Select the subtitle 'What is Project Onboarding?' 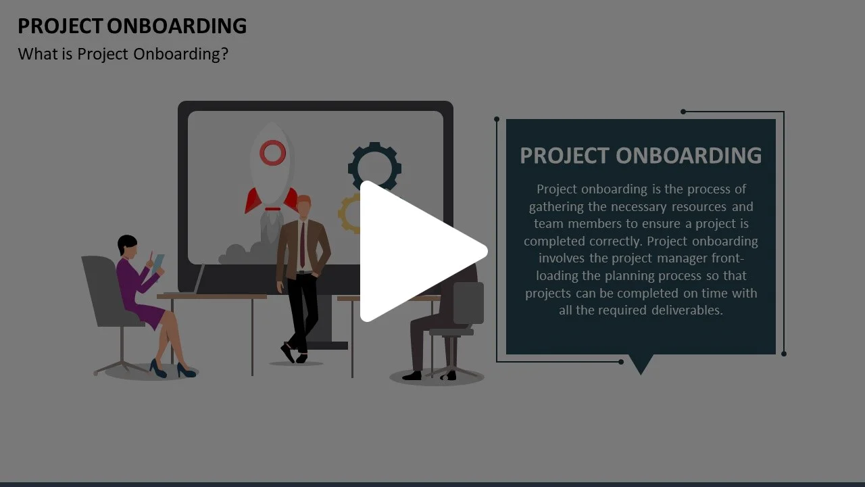click(123, 54)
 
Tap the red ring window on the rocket click(272, 153)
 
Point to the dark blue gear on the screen click(374, 166)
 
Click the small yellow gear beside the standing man click(349, 213)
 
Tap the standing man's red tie click(302, 244)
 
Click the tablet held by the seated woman click(158, 263)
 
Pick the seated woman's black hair click(126, 243)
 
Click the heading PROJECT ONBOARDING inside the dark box click(641, 156)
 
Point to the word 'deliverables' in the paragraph click(687, 310)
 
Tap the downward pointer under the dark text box click(641, 364)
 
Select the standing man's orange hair click(304, 201)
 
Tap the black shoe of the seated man click(412, 375)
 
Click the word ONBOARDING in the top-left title click(177, 26)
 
